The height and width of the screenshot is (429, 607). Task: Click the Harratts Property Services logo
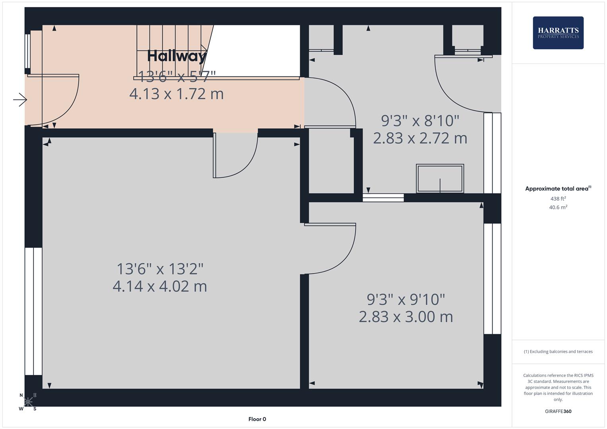558,33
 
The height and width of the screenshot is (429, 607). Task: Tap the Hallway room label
177,56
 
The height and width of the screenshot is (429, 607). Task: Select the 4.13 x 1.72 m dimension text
176,94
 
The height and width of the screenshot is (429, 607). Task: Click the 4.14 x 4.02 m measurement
160,286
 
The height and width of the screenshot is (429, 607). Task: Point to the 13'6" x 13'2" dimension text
160,269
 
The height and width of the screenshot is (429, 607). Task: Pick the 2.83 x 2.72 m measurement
420,138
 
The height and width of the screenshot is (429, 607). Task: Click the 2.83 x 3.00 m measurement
406,317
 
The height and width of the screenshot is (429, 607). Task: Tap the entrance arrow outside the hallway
19,100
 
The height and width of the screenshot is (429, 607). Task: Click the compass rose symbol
28,402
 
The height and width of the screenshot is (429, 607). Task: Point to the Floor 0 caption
257,419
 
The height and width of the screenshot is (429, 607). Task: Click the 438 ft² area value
558,199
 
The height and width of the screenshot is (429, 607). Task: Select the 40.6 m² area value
558,207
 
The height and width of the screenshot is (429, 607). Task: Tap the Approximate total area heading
558,189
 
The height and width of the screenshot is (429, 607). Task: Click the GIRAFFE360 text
558,411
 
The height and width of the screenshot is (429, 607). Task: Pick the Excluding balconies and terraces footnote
558,352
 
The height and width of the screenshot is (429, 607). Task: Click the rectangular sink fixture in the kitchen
440,178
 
